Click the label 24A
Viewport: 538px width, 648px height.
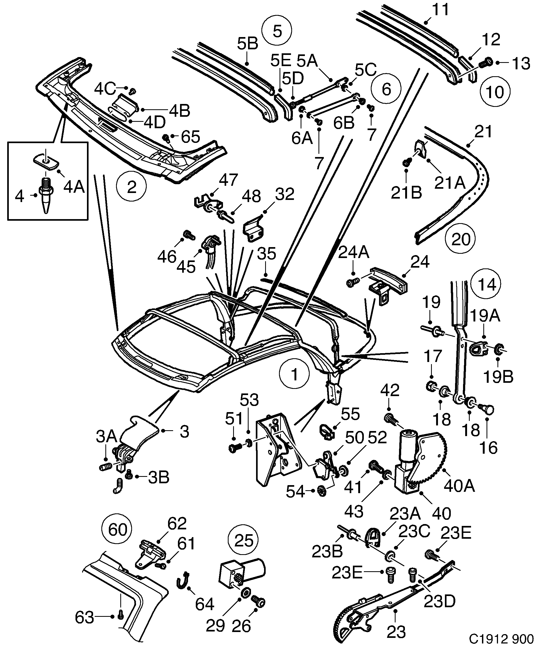coord(354,253)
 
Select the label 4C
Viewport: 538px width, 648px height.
coord(105,89)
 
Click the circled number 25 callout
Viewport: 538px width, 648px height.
coord(243,541)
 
